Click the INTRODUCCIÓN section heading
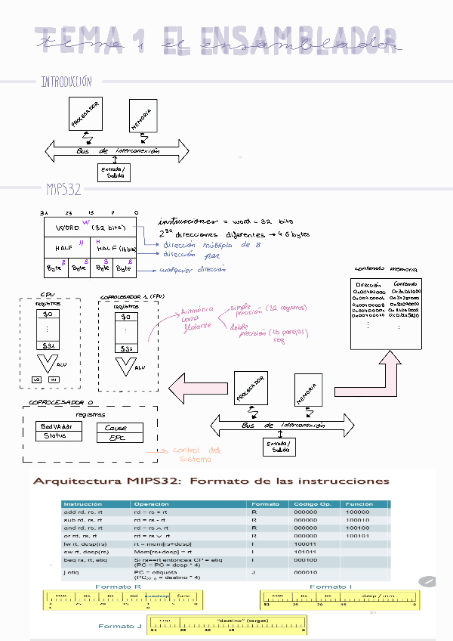66,82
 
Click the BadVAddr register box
55,426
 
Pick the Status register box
55,436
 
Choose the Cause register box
116,428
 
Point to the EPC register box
116,438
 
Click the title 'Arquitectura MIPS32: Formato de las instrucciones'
211,481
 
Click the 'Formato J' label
120,626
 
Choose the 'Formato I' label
331,587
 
